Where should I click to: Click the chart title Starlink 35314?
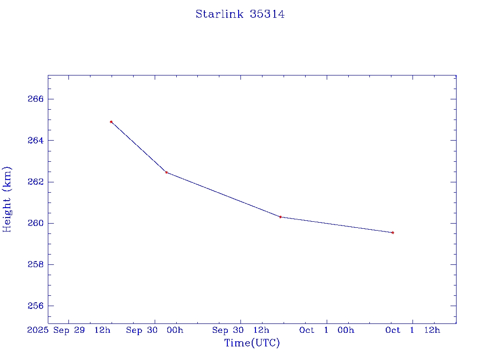point(240,14)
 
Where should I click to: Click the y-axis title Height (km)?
point(7,199)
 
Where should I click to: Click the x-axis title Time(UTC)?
point(252,343)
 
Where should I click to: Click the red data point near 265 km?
point(111,122)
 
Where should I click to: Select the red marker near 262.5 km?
point(166,172)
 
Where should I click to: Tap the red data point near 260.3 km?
point(280,217)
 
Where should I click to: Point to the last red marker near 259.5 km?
point(393,232)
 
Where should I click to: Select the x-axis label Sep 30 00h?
point(155,330)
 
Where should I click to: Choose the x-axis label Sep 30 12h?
point(241,330)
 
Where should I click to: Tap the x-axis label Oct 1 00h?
point(327,330)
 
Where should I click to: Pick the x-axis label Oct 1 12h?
point(412,330)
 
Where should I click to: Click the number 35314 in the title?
point(267,14)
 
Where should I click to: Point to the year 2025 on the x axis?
point(37,330)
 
